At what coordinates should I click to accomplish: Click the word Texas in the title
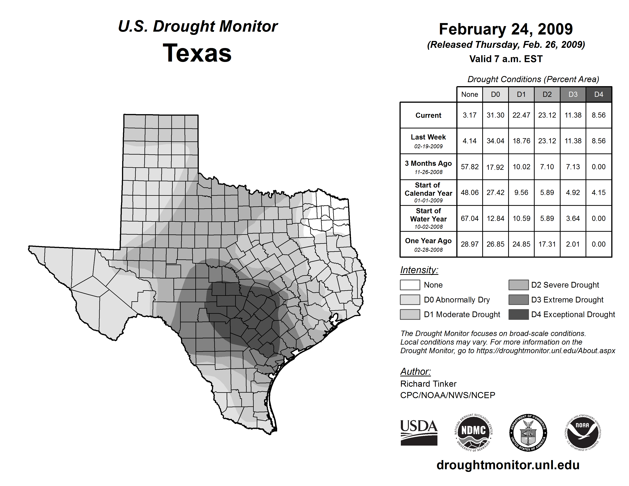click(197, 53)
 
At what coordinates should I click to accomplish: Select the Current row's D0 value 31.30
click(495, 115)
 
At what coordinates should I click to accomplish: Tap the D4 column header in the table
click(599, 94)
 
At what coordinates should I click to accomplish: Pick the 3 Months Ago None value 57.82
click(469, 167)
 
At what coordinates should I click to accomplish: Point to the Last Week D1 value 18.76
click(521, 141)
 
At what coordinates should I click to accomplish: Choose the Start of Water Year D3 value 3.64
click(573, 219)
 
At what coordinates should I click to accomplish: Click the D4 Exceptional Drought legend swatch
click(518, 314)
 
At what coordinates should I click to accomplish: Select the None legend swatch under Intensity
click(410, 285)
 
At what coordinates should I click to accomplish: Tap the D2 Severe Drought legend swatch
click(518, 285)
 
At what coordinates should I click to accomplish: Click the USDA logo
click(419, 432)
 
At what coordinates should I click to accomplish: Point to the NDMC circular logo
click(473, 432)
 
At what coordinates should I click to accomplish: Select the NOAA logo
click(582, 432)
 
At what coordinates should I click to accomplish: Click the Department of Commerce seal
click(528, 432)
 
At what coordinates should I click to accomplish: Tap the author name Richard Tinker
click(428, 384)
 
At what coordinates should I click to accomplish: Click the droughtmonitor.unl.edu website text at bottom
click(508, 465)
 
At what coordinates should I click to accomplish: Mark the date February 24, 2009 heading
click(506, 29)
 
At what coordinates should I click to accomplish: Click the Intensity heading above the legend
click(419, 270)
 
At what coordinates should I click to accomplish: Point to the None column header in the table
click(469, 94)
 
